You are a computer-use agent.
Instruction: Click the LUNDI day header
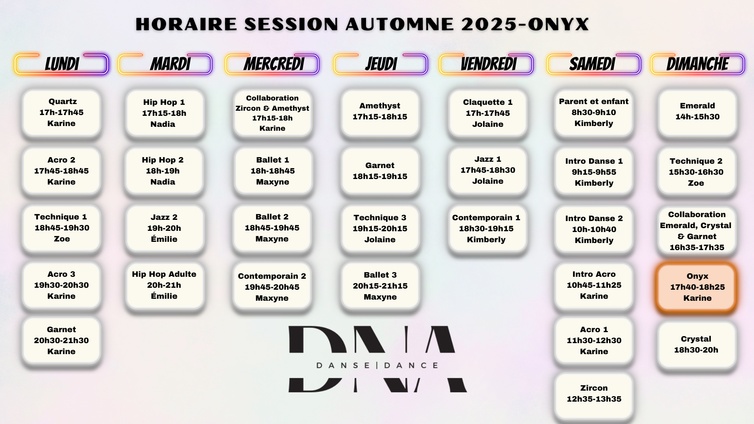point(61,64)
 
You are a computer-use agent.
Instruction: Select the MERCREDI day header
point(272,64)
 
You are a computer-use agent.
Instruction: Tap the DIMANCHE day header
point(697,64)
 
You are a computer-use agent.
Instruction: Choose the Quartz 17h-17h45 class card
point(62,113)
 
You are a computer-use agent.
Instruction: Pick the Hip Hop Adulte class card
point(165,285)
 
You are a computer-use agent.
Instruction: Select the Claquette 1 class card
point(488,113)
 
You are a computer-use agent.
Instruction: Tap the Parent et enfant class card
point(594,113)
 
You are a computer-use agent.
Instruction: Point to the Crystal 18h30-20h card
point(697,345)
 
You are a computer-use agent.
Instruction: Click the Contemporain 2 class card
point(272,287)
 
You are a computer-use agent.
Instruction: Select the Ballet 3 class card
point(380,286)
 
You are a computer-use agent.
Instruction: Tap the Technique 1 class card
point(62,228)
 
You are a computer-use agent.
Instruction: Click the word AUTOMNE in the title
point(400,24)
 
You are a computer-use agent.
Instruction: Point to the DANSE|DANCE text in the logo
point(377,366)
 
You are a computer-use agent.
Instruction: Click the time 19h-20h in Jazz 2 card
point(164,228)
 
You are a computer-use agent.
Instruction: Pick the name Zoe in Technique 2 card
point(696,183)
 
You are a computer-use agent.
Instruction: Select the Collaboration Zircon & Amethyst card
point(273,113)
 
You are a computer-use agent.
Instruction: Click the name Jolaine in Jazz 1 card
point(488,181)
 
